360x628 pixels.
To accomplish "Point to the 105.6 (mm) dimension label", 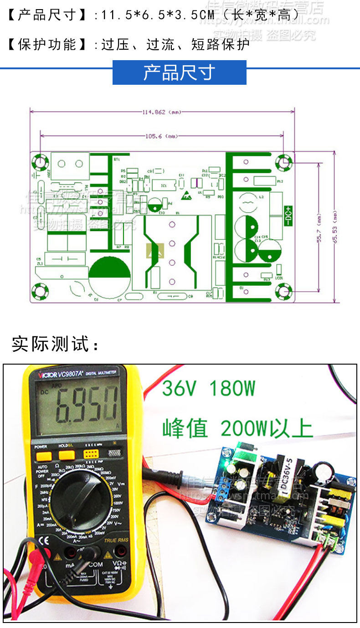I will click(161, 136).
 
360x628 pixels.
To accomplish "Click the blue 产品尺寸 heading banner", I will click(179, 73).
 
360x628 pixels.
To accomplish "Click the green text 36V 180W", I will click(208, 389).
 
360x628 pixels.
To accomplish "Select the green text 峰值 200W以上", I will click(237, 428).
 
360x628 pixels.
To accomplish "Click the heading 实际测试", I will click(55, 344).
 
